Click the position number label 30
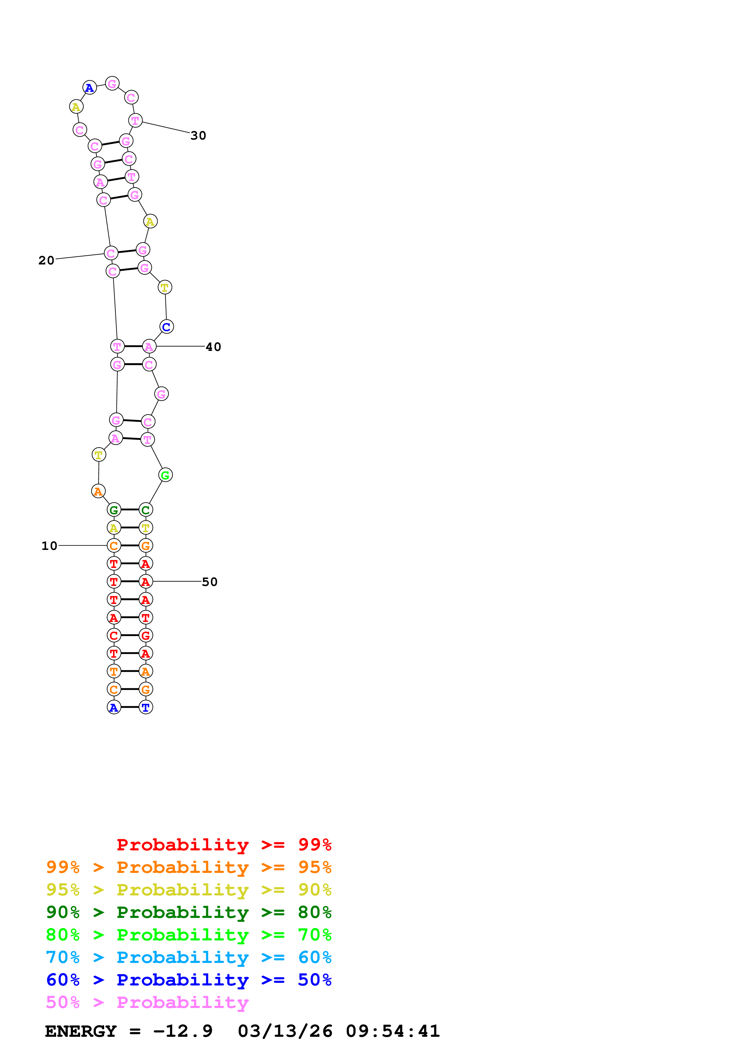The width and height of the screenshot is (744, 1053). tap(198, 136)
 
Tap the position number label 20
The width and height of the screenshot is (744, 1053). tap(46, 261)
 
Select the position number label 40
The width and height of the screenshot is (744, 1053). tap(213, 347)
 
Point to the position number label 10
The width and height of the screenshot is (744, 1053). tap(50, 546)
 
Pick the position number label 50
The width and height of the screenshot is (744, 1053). tap(209, 582)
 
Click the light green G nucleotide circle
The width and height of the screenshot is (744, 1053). tap(165, 475)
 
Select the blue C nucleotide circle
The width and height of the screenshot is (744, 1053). tap(166, 327)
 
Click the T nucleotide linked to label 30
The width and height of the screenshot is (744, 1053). tap(135, 121)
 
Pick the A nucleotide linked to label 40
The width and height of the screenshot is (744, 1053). tap(149, 346)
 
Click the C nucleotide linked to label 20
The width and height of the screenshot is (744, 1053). tap(111, 253)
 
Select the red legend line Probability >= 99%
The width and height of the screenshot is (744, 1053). tap(224, 845)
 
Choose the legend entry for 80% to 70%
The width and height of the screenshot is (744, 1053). tap(188, 935)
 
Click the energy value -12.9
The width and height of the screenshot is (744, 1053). tap(183, 1031)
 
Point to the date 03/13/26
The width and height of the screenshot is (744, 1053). tap(285, 1031)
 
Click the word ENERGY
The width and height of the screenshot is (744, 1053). tap(81, 1031)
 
